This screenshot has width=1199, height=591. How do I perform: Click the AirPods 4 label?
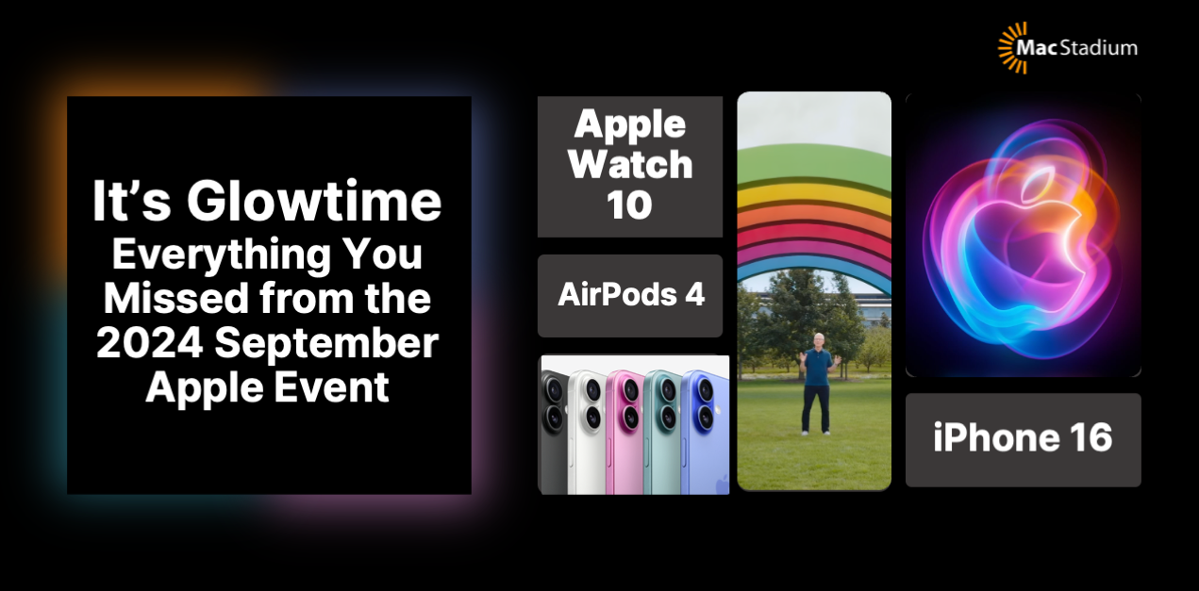630,295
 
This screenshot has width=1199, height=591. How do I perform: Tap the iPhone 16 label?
1023,438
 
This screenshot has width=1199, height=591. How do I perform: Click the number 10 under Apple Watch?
629,205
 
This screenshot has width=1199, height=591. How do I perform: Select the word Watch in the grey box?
630,165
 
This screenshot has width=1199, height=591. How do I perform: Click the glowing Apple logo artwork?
1023,235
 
